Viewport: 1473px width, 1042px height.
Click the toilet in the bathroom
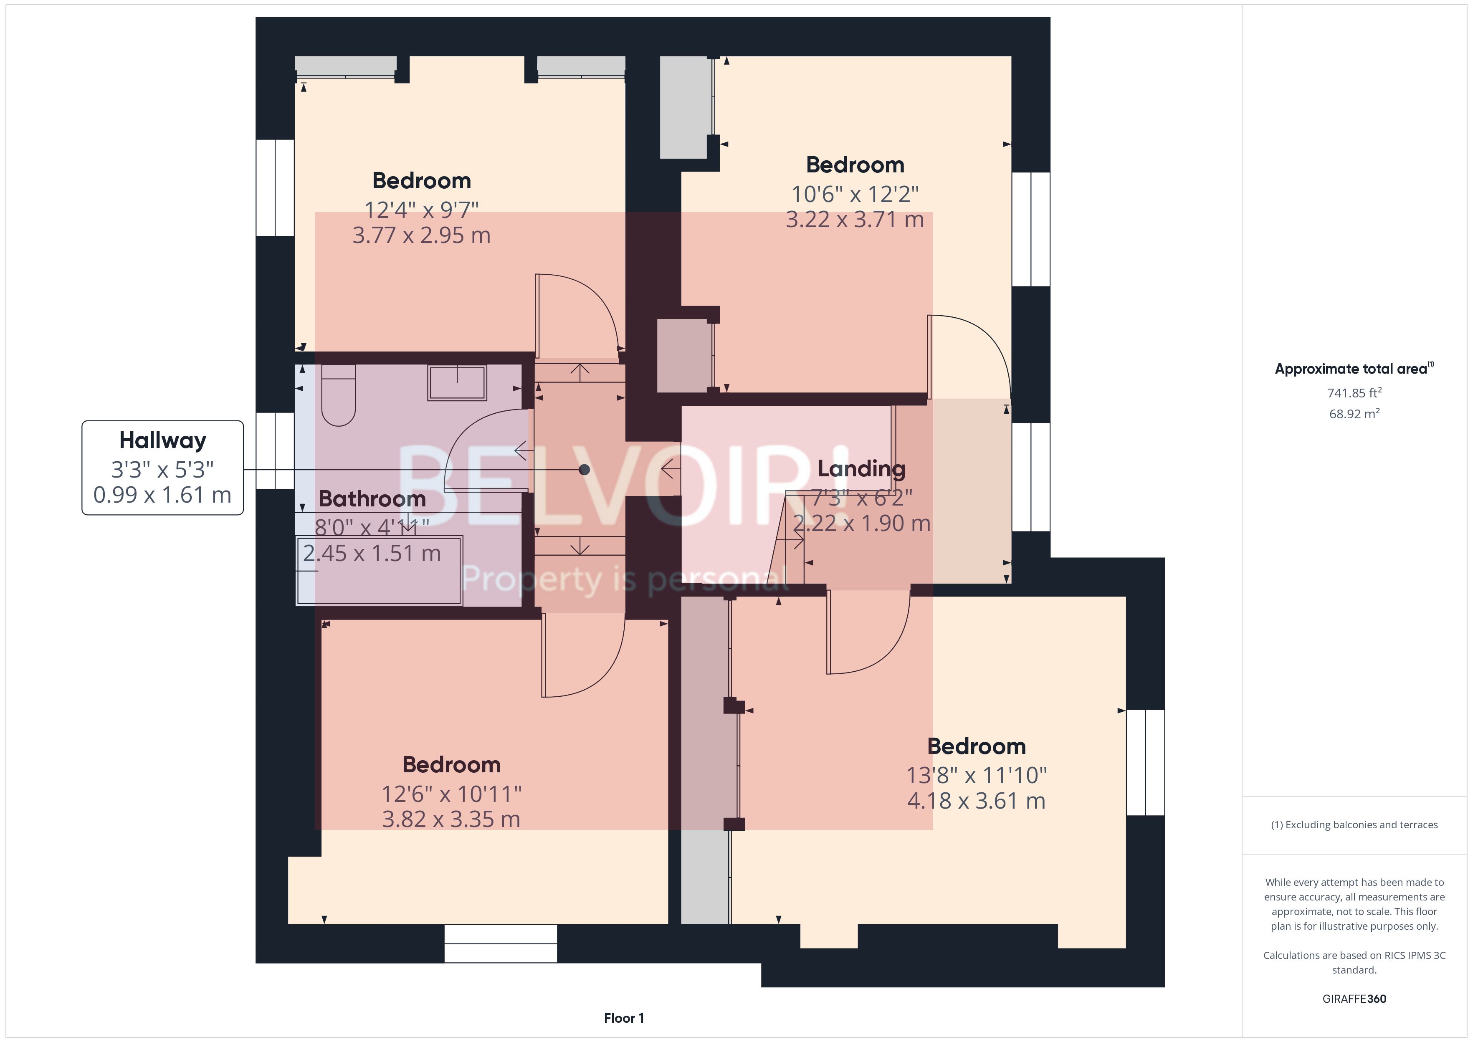coord(338,398)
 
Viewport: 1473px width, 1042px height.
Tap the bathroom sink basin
coord(457,383)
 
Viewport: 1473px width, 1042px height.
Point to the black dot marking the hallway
coord(584,470)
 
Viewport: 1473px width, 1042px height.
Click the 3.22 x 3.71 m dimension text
coord(855,220)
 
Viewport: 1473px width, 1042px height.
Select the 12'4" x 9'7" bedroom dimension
coord(422,210)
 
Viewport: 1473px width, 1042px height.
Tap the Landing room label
coord(861,469)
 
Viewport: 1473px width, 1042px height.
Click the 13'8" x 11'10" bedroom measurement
coord(976,775)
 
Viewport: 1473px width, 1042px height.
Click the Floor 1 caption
coord(624,1018)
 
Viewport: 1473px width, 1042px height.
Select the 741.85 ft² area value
coord(1354,393)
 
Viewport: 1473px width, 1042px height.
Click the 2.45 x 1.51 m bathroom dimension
coord(372,554)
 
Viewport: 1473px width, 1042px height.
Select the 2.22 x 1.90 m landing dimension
coord(861,524)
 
